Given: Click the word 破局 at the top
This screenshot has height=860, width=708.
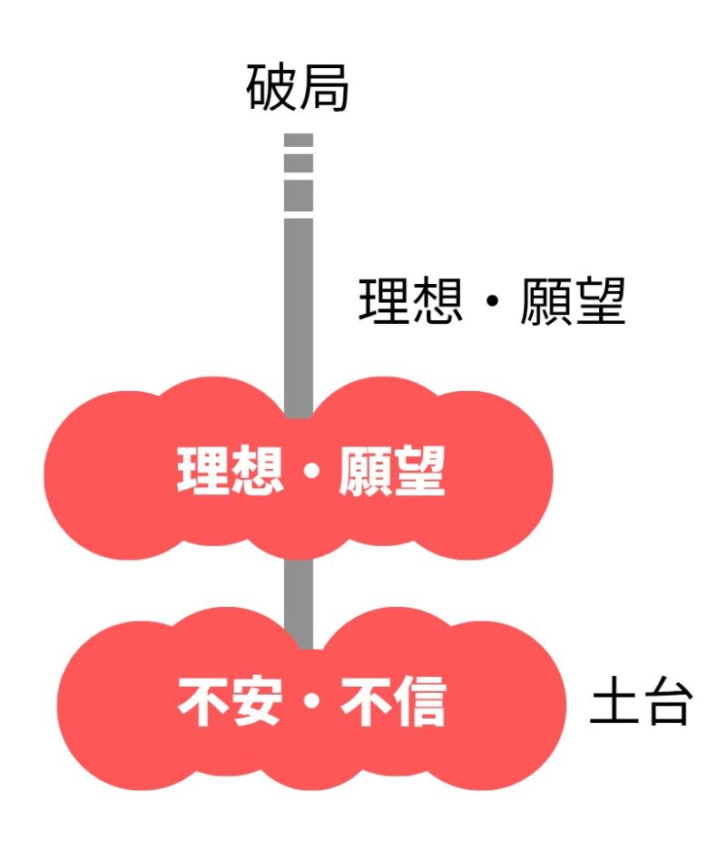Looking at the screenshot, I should [x=298, y=89].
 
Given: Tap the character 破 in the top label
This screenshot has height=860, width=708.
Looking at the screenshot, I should [x=271, y=89].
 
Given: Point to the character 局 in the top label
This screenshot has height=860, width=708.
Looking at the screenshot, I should [x=324, y=89].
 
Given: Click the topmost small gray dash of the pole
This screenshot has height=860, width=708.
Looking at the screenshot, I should [x=299, y=141].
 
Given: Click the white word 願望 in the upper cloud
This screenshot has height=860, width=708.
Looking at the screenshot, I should [x=392, y=470].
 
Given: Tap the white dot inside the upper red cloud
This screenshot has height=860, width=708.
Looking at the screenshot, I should [x=311, y=472].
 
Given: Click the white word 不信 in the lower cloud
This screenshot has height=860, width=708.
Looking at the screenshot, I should [x=393, y=702].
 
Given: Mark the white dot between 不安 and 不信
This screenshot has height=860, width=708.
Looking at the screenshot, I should [x=311, y=704].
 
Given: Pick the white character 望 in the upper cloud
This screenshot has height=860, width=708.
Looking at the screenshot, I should [x=418, y=470].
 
